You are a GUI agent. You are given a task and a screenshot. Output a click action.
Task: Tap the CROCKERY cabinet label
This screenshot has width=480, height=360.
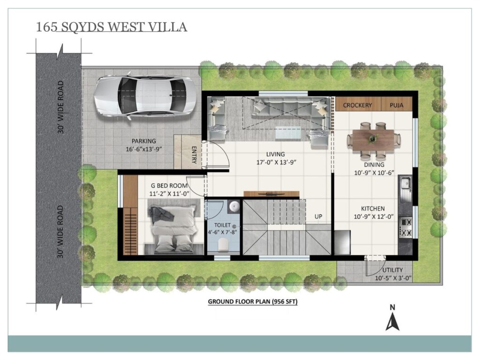357,105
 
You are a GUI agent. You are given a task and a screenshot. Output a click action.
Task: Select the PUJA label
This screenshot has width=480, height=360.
397,105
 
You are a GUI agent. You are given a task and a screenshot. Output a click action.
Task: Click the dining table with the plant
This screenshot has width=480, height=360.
373,140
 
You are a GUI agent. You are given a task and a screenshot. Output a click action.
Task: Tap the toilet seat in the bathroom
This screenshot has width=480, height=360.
224,244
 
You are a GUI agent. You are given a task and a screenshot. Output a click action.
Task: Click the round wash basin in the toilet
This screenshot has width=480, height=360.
234,206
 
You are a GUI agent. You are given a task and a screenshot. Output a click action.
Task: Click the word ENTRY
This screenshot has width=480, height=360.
194,155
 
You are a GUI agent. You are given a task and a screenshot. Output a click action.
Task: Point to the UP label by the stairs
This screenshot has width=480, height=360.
318,217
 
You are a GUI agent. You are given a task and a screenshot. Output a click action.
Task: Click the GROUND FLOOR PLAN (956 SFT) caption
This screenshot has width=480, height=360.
253,301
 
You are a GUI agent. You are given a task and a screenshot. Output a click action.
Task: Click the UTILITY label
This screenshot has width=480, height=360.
392,270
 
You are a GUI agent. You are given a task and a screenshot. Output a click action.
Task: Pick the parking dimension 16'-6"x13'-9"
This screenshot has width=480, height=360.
143,149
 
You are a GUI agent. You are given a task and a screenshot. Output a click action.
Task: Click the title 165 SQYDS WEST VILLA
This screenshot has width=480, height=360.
112,27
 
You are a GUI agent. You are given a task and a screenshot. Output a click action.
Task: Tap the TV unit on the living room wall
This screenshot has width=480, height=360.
271,194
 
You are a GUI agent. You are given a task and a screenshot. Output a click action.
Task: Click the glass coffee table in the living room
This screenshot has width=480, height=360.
288,133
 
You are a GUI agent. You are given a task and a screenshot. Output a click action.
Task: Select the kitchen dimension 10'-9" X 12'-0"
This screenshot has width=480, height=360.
374,217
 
